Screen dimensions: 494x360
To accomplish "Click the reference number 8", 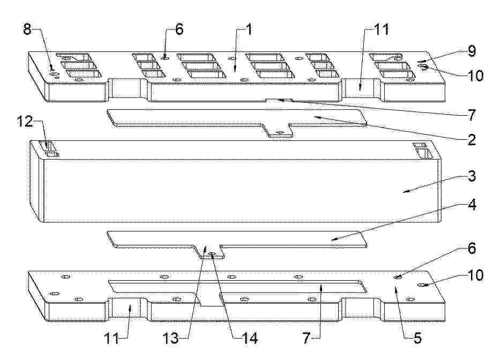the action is [x=27, y=29].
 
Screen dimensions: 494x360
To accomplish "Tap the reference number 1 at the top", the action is [x=249, y=30].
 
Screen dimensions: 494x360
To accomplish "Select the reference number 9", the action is [x=471, y=51].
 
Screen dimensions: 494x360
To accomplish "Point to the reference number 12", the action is [x=25, y=121].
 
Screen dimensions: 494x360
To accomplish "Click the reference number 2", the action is [x=471, y=139].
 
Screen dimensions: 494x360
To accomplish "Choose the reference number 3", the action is [x=471, y=176].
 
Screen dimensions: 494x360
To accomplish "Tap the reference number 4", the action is [x=471, y=205].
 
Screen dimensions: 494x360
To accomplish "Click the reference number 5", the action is [x=417, y=338].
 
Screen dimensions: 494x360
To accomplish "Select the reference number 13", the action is [x=170, y=338].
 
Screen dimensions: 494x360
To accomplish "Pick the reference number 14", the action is [x=250, y=338].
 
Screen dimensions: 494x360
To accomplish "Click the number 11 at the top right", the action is [x=381, y=30].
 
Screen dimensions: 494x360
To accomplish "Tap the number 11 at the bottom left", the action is [x=112, y=338].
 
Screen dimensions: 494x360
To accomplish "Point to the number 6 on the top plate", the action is [x=179, y=29].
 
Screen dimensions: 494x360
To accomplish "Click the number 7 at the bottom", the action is [x=306, y=338].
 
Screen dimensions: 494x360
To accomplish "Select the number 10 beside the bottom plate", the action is [x=475, y=275].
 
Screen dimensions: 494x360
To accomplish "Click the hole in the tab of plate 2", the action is [x=278, y=132].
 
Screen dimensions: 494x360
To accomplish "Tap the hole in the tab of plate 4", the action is [x=212, y=254].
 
